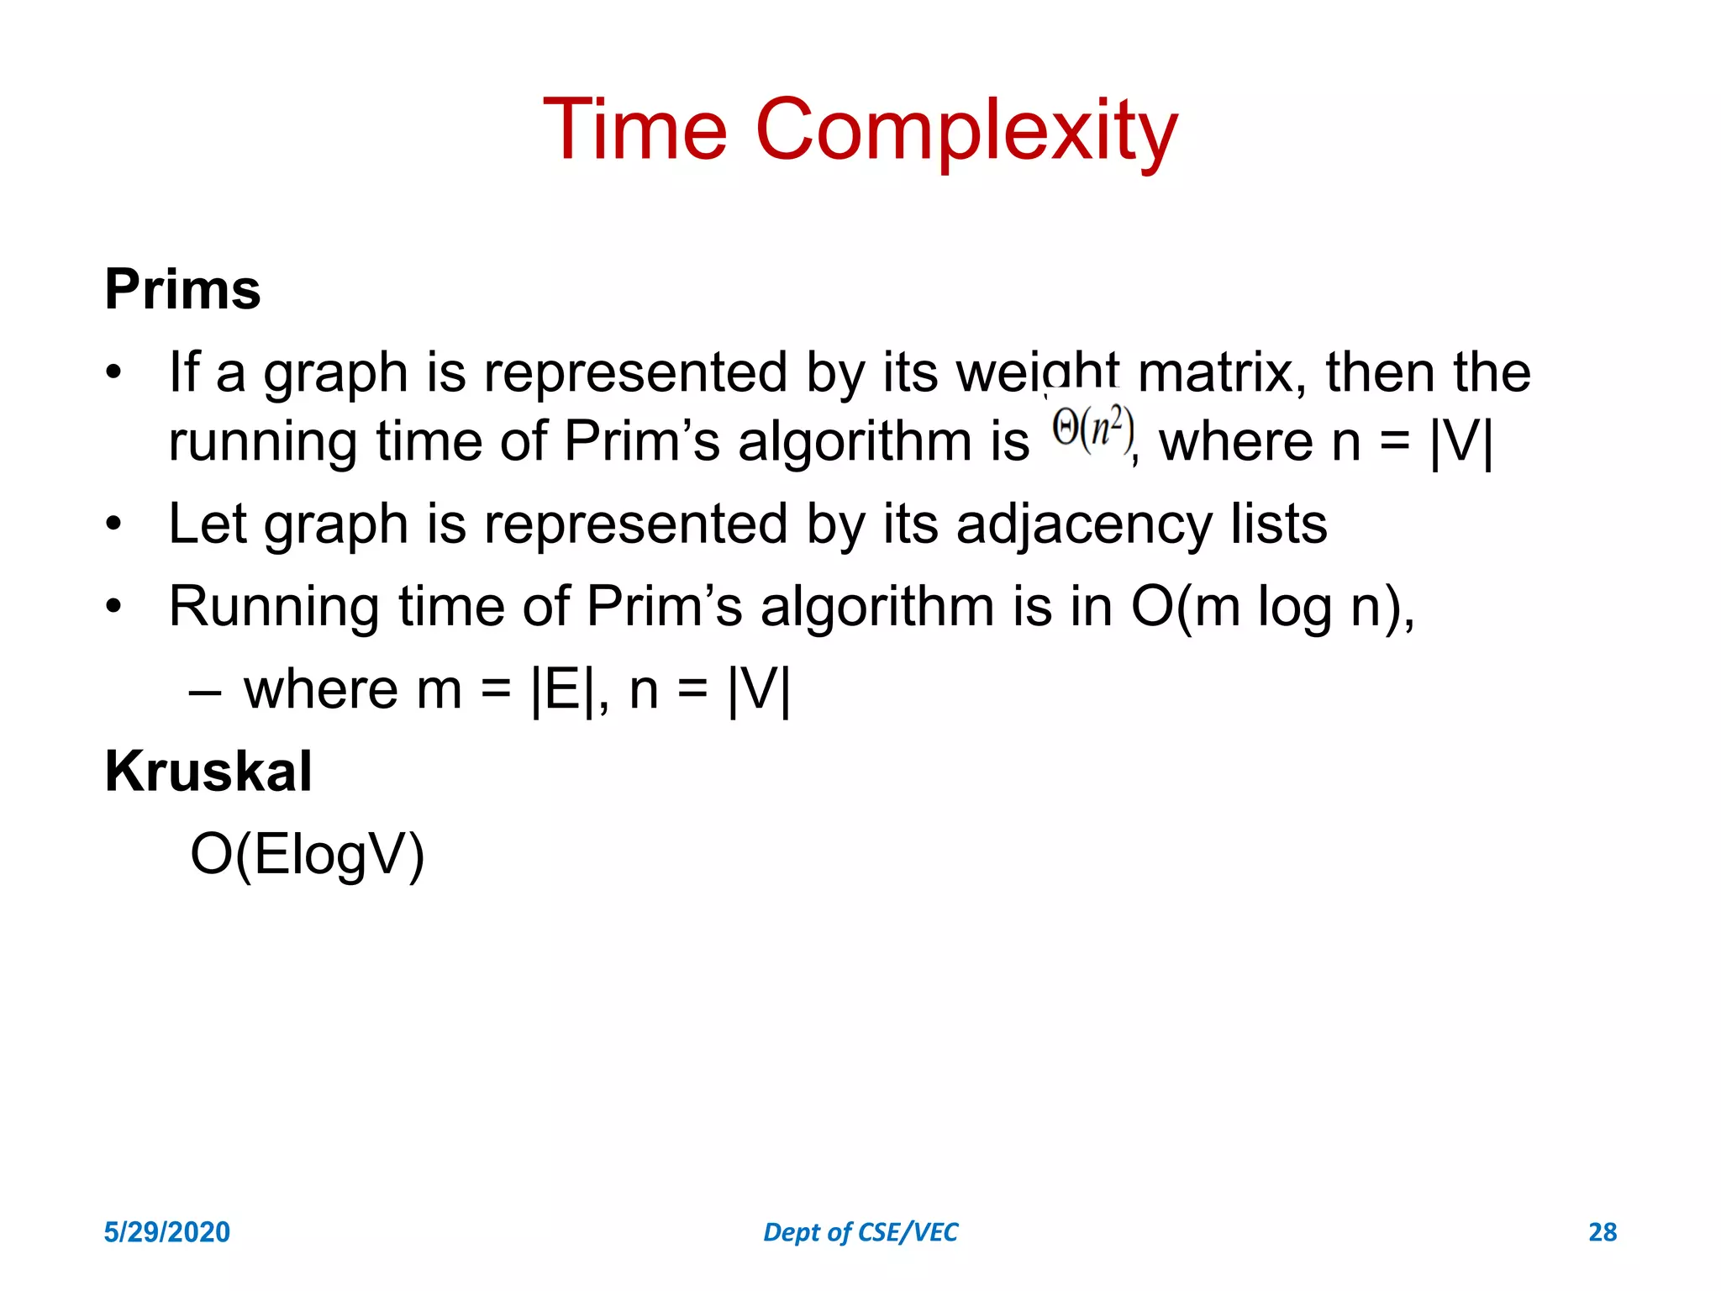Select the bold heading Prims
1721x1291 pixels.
click(182, 289)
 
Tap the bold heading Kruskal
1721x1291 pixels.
click(208, 771)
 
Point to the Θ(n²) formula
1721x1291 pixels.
click(1092, 430)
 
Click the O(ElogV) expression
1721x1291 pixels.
click(308, 855)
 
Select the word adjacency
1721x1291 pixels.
click(1084, 524)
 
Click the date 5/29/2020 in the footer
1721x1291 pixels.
click(166, 1232)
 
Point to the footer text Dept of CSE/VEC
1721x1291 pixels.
click(860, 1232)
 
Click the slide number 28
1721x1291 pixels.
click(1602, 1232)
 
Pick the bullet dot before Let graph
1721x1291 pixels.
click(113, 524)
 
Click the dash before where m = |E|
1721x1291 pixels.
click(205, 691)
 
